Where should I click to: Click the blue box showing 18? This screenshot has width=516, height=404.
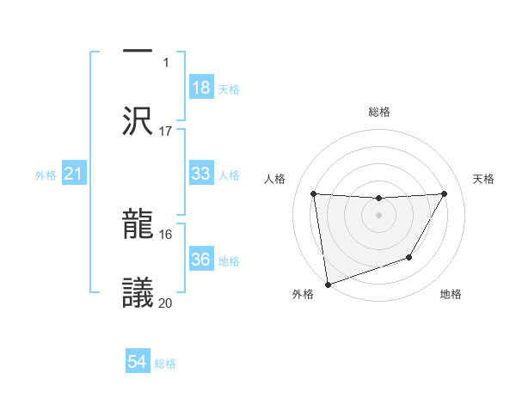201,88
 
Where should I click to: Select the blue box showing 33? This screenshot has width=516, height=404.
201,174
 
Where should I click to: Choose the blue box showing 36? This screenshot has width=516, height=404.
201,260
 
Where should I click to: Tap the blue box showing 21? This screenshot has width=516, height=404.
74,174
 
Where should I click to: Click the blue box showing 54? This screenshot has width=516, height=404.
138,362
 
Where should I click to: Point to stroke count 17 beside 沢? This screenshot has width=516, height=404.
166,132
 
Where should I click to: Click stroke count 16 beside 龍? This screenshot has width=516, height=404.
166,234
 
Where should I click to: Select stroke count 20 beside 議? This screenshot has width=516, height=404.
166,302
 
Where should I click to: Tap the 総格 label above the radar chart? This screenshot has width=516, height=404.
379,112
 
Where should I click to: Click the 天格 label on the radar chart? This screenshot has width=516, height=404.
484,179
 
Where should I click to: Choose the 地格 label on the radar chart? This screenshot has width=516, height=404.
451,294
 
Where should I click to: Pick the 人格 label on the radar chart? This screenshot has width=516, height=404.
276,179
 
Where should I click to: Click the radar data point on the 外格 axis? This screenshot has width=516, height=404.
327,284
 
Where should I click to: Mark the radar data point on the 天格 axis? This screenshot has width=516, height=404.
445,193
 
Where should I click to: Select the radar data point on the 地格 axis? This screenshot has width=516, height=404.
409,257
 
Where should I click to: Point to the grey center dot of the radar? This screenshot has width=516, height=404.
379,214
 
